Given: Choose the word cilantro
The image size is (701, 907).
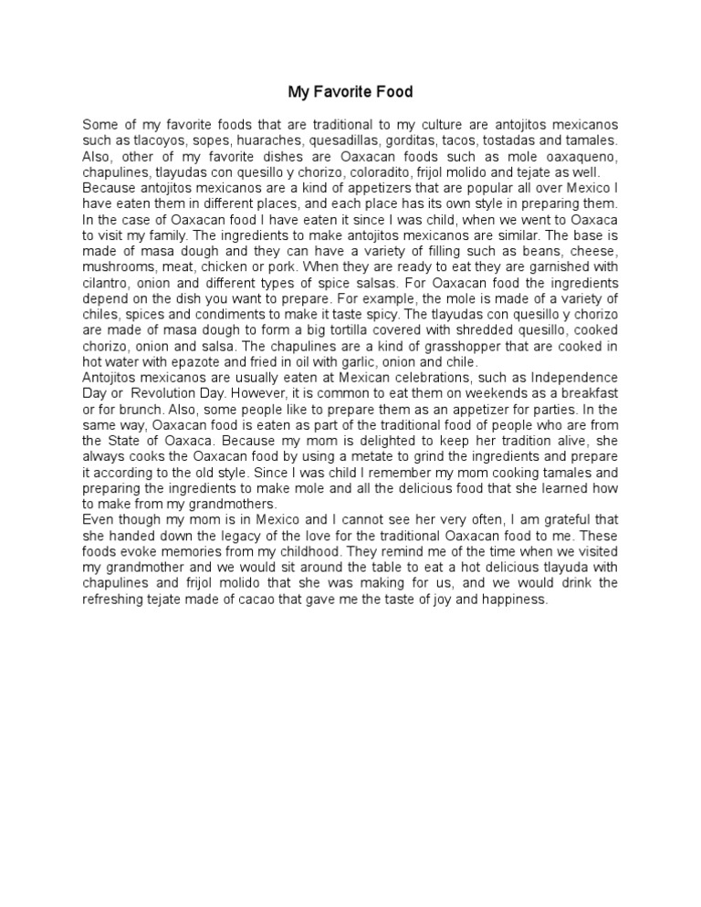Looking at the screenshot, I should pos(108,282).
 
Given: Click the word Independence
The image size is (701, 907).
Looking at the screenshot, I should pos(572,376).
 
